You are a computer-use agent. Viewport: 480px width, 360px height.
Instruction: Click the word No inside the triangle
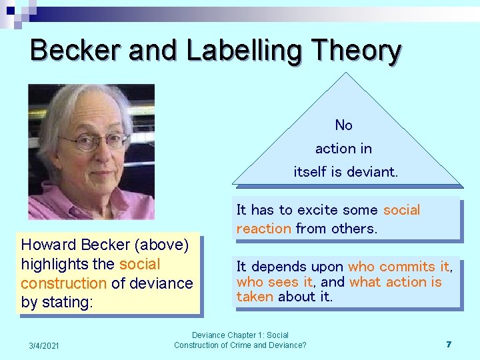tap(344, 125)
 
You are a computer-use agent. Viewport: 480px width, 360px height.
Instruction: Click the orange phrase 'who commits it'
tap(399, 267)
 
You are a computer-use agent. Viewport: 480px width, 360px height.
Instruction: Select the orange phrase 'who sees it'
tap(274, 282)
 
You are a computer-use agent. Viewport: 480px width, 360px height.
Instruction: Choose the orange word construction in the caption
tap(63, 283)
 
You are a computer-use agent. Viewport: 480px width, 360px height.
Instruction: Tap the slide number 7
tap(449, 345)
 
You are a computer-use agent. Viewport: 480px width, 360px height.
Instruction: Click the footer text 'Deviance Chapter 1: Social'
tap(240, 335)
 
